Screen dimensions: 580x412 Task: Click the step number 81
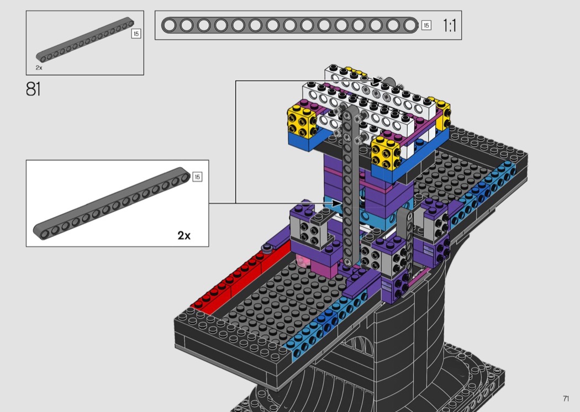point(33,89)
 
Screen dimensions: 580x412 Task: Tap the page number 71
point(566,398)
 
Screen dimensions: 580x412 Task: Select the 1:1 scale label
point(450,25)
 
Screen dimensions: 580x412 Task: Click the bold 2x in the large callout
point(184,236)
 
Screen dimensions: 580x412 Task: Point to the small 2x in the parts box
point(39,68)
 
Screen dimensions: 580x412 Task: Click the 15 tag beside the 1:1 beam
point(426,25)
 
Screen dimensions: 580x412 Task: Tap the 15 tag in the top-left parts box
point(136,34)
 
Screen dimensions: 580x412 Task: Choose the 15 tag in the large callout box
point(197,177)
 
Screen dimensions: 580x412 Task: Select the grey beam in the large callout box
point(112,203)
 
